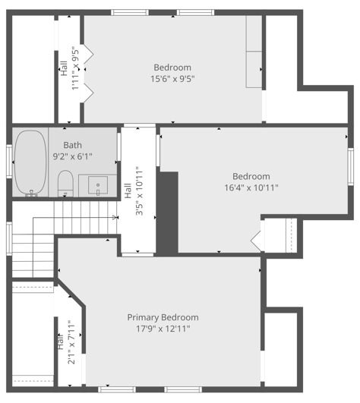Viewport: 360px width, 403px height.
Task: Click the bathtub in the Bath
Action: (x=30, y=162)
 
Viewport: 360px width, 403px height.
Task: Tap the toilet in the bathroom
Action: (x=65, y=183)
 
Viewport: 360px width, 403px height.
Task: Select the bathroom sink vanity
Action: (x=98, y=185)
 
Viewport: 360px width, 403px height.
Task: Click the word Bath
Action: (x=72, y=145)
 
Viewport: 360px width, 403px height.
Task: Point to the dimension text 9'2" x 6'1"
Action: (x=72, y=156)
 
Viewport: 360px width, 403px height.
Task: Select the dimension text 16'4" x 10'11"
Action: (x=251, y=187)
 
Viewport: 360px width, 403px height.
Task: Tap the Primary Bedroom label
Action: (x=163, y=317)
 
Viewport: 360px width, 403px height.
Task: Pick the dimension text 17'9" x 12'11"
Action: (x=163, y=329)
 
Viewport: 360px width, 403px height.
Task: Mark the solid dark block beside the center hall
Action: (x=167, y=213)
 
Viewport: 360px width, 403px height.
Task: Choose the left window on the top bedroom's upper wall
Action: (x=130, y=12)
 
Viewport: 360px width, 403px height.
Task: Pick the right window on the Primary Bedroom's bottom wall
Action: (x=183, y=389)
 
